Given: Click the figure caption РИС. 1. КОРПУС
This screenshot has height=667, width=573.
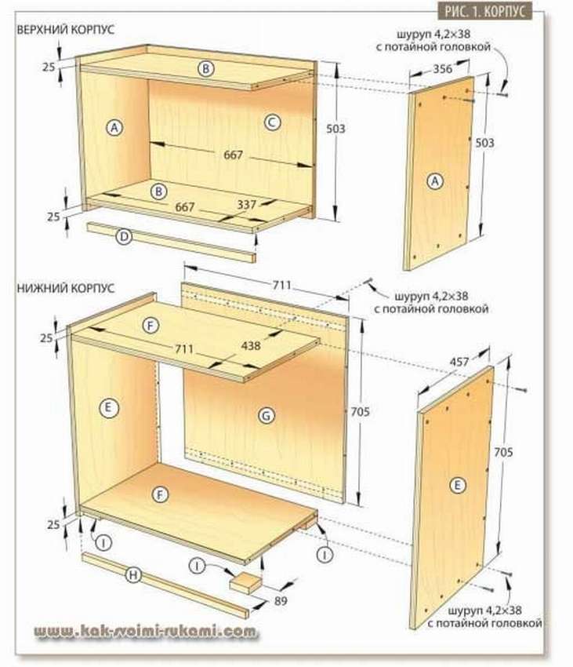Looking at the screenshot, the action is coord(484,12).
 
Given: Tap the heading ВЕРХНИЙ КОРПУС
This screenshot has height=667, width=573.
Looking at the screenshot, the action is coord(66,29).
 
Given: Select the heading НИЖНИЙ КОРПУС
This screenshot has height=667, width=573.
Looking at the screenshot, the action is coord(66,288).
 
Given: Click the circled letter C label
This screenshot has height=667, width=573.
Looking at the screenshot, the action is coord(272,122).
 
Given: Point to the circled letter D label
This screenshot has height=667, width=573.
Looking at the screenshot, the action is coord(124,236).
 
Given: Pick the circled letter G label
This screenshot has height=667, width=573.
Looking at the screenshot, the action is coord(267,416).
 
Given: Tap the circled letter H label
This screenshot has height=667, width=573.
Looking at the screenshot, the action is coord(133,575).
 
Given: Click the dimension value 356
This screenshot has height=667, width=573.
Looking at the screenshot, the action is coord(443,68).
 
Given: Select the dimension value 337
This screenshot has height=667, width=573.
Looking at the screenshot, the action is coord(247,205).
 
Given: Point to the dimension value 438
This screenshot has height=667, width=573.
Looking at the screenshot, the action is coord(251,345).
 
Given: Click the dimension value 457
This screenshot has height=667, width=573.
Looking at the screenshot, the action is coord(459,362).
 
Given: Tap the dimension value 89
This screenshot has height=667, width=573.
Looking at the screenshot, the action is coord(281,600).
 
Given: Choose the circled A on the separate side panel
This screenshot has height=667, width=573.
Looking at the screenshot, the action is coord(435,181).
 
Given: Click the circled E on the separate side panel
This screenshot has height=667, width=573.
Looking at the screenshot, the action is coord(457,486).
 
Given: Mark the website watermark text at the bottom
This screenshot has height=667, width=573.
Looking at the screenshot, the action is coord(146,631).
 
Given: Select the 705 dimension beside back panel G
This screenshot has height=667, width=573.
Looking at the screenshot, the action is coord(360,411).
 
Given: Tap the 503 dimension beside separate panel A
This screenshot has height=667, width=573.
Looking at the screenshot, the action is coord(484,143).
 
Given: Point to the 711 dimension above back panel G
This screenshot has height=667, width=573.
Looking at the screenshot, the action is coord(282,285).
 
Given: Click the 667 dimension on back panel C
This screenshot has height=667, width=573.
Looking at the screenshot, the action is coord(233,155).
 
